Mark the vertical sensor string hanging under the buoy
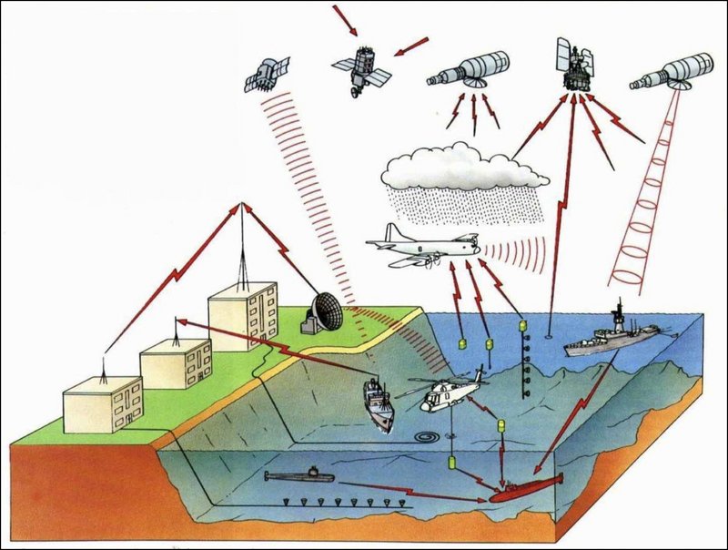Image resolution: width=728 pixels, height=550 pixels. (524, 364)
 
